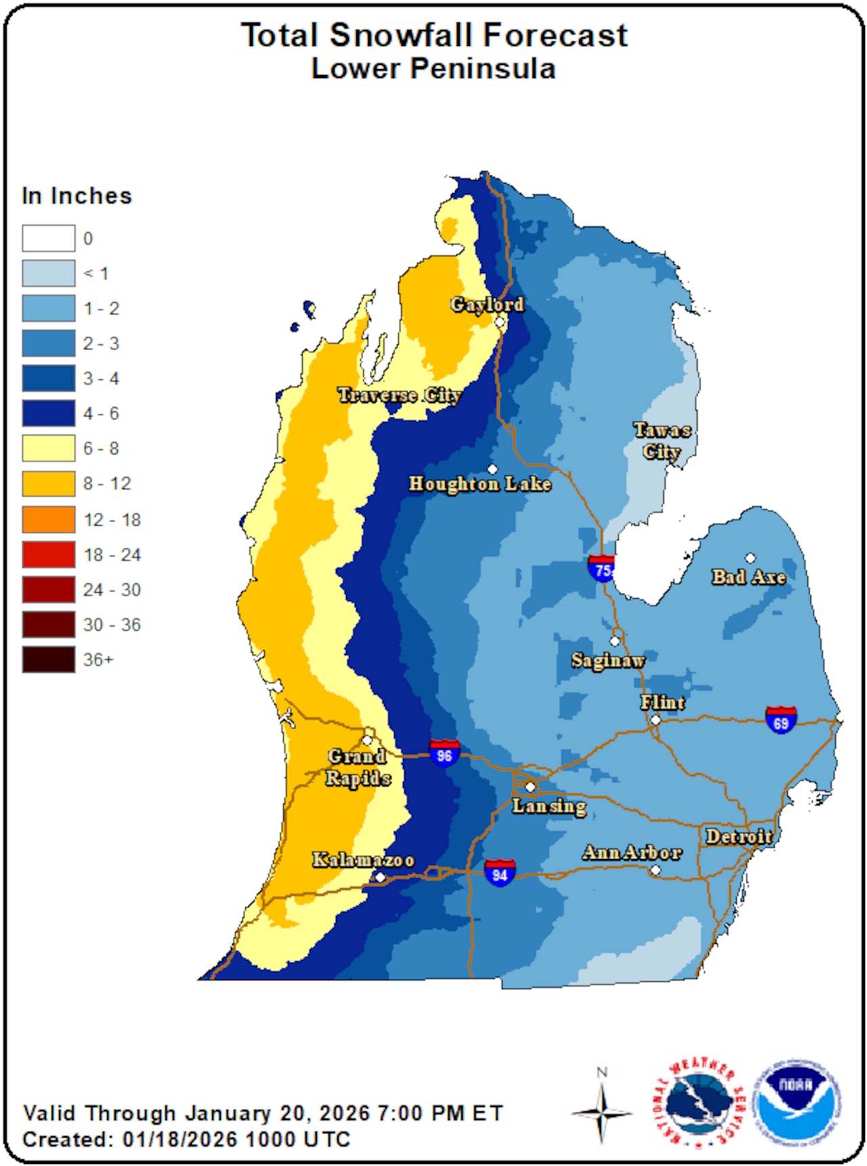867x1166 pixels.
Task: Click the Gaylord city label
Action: tap(488, 305)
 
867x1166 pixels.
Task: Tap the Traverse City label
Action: tap(400, 395)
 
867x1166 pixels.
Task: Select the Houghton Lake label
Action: tap(480, 484)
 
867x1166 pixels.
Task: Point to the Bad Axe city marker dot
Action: tap(750, 558)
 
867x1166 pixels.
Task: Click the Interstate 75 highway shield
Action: tap(601, 568)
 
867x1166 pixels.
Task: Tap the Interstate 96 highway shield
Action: tap(444, 753)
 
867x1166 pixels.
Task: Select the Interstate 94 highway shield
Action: tap(500, 873)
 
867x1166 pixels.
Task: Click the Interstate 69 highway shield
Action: tap(780, 720)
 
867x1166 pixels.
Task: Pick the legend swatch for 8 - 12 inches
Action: tap(48, 484)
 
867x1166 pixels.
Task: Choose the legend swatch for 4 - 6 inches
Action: tap(48, 413)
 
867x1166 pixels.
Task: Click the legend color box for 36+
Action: tap(48, 659)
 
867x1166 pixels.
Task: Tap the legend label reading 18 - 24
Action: tap(112, 555)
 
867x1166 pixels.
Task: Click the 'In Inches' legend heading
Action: tap(77, 196)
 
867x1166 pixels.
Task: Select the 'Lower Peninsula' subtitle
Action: tap(433, 69)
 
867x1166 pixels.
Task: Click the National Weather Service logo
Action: tap(698, 1104)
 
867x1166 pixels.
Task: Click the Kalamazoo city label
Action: tap(363, 860)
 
